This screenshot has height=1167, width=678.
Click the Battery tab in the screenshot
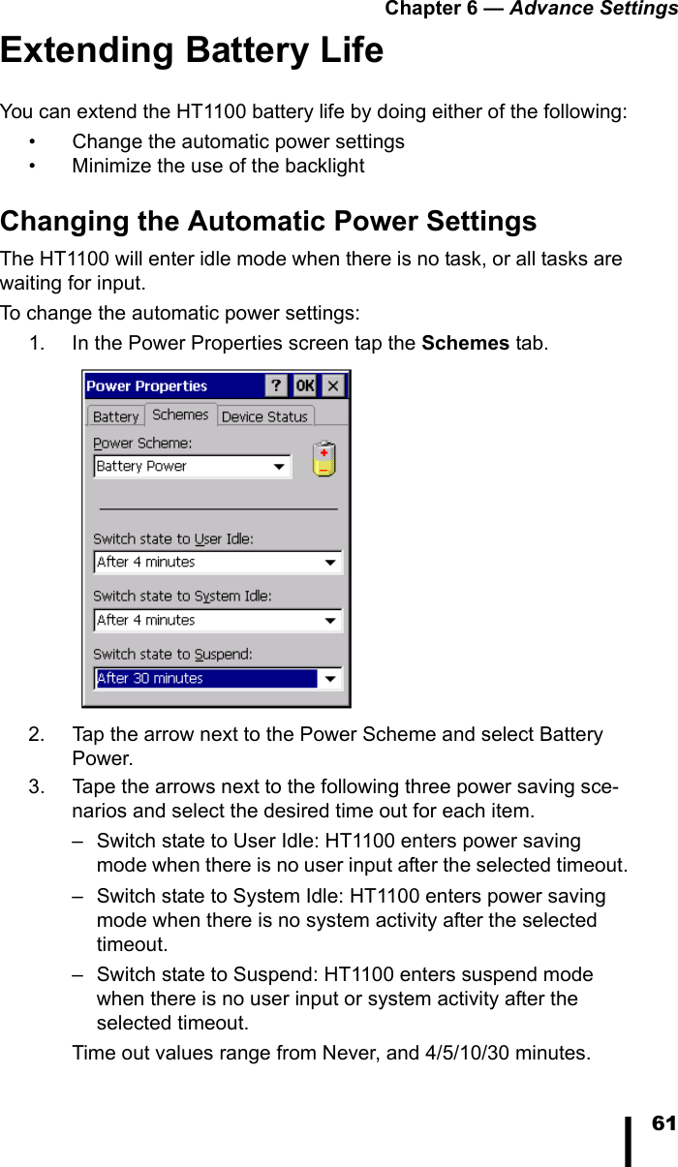point(115,416)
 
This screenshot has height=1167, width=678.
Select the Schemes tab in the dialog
point(180,415)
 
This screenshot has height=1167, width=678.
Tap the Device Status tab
point(263,416)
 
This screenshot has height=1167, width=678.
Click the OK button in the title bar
point(304,385)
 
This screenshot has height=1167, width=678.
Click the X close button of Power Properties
point(332,385)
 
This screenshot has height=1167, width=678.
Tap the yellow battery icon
point(324,459)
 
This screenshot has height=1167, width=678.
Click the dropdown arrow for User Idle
point(331,563)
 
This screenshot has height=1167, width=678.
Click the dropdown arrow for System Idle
point(331,621)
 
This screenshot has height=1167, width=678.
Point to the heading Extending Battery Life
point(192,50)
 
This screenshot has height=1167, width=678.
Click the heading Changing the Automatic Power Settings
point(268,222)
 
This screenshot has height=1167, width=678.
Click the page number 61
point(663,1123)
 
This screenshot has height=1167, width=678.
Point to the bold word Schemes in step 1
point(466,343)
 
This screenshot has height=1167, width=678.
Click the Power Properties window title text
point(147,385)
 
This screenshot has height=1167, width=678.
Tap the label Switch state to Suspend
point(172,655)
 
